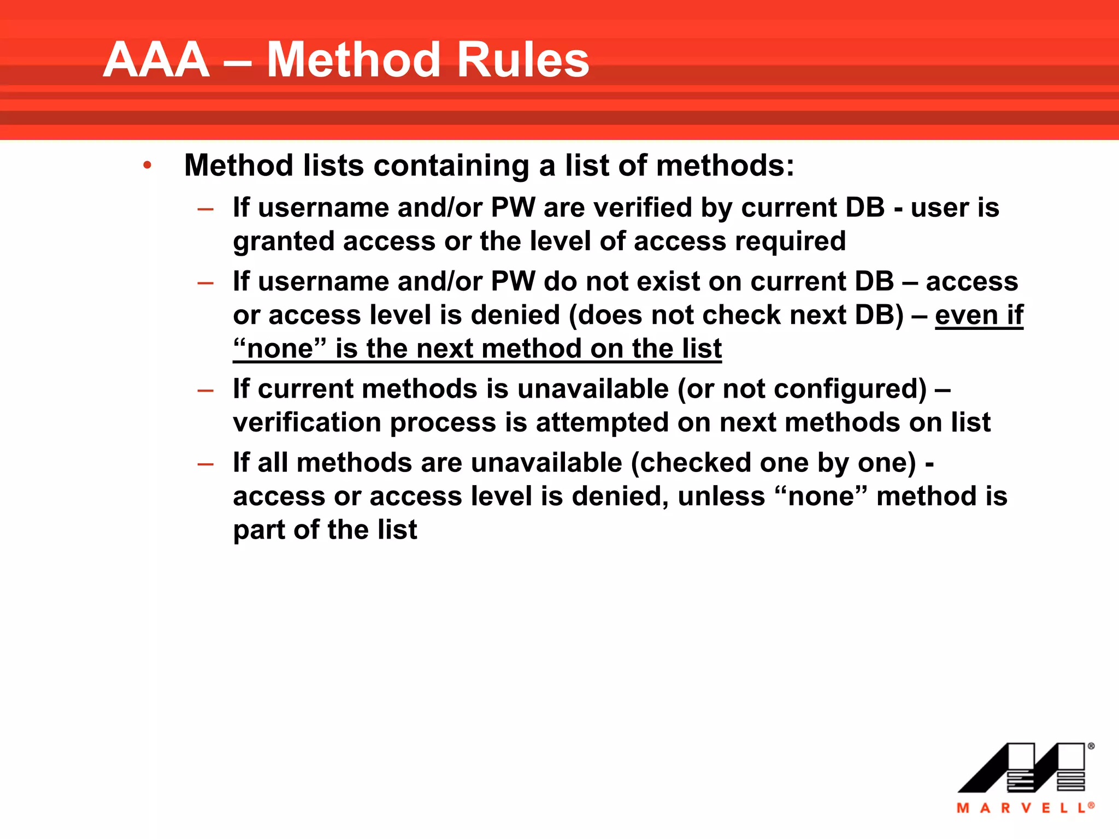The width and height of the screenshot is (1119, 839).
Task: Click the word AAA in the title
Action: (156, 60)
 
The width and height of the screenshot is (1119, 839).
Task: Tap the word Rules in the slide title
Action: (523, 60)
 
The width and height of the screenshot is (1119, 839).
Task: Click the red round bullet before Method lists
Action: (147, 165)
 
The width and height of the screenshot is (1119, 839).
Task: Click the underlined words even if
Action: (979, 315)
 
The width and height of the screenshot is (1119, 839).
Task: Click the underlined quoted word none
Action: (280, 348)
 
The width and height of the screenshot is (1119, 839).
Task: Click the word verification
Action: (307, 423)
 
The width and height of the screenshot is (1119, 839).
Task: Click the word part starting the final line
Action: (258, 530)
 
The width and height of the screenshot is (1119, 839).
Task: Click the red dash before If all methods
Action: (205, 464)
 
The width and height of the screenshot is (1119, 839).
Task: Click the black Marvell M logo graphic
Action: (1022, 768)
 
